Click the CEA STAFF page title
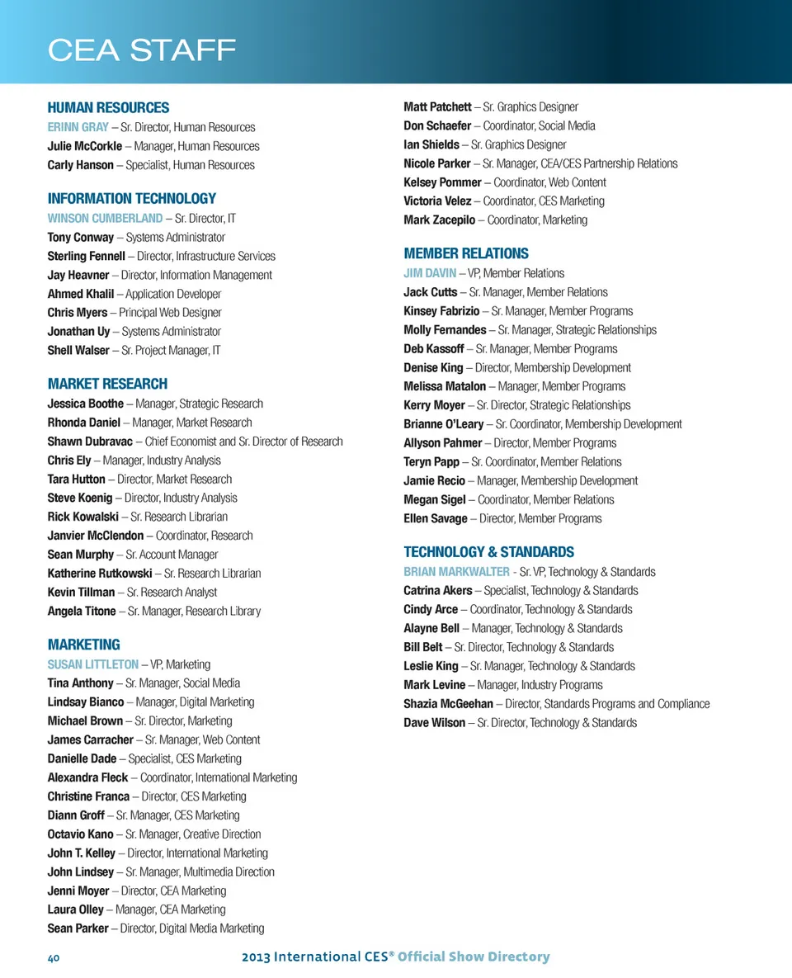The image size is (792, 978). [x=142, y=50]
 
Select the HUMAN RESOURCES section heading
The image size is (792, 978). [x=108, y=107]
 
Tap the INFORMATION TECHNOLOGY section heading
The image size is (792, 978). [x=131, y=198]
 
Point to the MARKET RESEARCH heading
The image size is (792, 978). [x=107, y=384]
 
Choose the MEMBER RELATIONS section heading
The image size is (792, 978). [x=465, y=253]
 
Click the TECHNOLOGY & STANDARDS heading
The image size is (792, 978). [x=488, y=551]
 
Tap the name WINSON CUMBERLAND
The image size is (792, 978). [x=105, y=218]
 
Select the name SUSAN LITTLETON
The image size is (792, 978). [x=93, y=664]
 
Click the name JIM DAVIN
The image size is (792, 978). [x=429, y=272]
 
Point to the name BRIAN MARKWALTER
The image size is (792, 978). [x=455, y=571]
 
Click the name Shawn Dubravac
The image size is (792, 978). [x=89, y=441]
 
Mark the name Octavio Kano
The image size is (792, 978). [x=81, y=834]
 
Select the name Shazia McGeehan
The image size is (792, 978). [x=448, y=703]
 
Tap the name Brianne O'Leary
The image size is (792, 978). [x=444, y=423]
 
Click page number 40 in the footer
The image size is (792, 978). [x=55, y=957]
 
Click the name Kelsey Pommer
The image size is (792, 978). [x=442, y=182]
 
